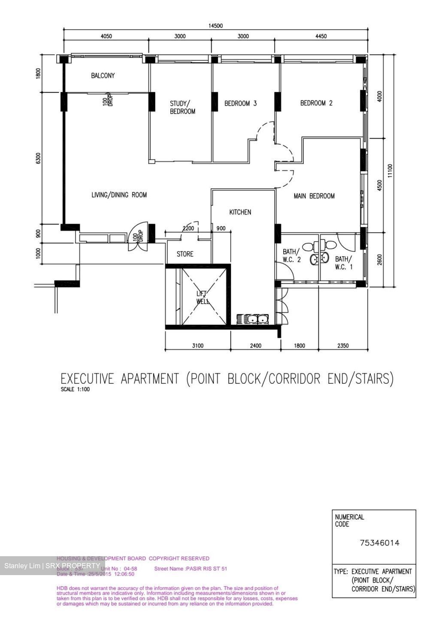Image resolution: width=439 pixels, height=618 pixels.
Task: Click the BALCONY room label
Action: pos(103,76)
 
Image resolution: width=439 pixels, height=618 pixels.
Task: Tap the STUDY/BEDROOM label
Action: pos(182,107)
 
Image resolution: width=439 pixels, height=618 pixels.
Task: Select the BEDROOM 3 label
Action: pos(240,103)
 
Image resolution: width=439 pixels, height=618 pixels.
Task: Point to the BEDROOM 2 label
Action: pos(316,103)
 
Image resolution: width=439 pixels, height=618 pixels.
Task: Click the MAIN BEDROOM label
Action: pos(314,196)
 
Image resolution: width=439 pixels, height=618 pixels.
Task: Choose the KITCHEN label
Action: pos(240,212)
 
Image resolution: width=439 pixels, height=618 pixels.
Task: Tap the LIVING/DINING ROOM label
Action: pos(119,195)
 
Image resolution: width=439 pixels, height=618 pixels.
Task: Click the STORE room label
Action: pos(185,254)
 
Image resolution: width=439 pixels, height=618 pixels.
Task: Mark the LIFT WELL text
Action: pos(203,297)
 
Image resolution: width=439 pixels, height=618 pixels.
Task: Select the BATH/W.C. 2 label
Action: pos(291,256)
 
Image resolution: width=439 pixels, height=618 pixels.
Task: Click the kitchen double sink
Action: pos(253,319)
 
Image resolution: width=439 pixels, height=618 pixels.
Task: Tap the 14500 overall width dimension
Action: pos(215,26)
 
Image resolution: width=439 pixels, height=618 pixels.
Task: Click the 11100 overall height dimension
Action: pos(390,170)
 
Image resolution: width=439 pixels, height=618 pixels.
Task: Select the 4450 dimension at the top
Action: pos(321,36)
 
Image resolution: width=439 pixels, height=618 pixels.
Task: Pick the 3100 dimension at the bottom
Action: pos(197,346)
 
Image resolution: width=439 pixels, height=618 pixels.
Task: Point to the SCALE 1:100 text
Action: pos(75,390)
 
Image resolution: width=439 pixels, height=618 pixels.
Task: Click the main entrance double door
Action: pos(138,238)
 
